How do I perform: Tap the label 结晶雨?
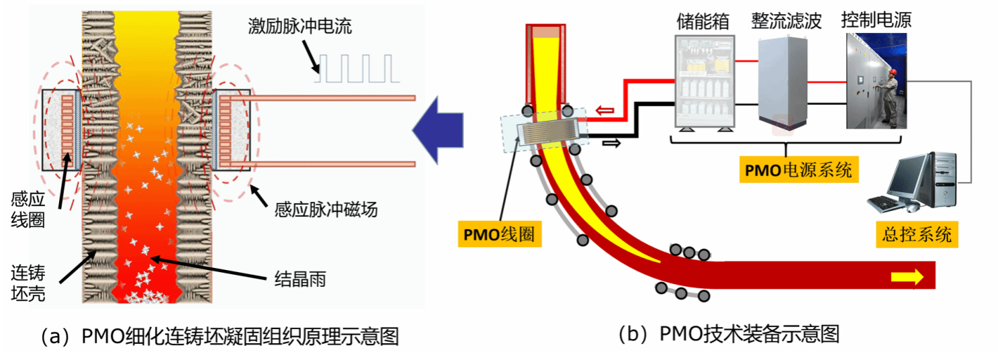coord(300,279)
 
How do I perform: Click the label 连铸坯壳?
coord(28,283)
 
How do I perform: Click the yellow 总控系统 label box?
coord(917,234)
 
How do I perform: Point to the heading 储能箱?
coord(703,21)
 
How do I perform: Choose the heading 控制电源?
coord(876,20)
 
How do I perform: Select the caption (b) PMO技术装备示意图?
coord(729,333)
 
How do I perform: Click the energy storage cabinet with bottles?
coord(703,81)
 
